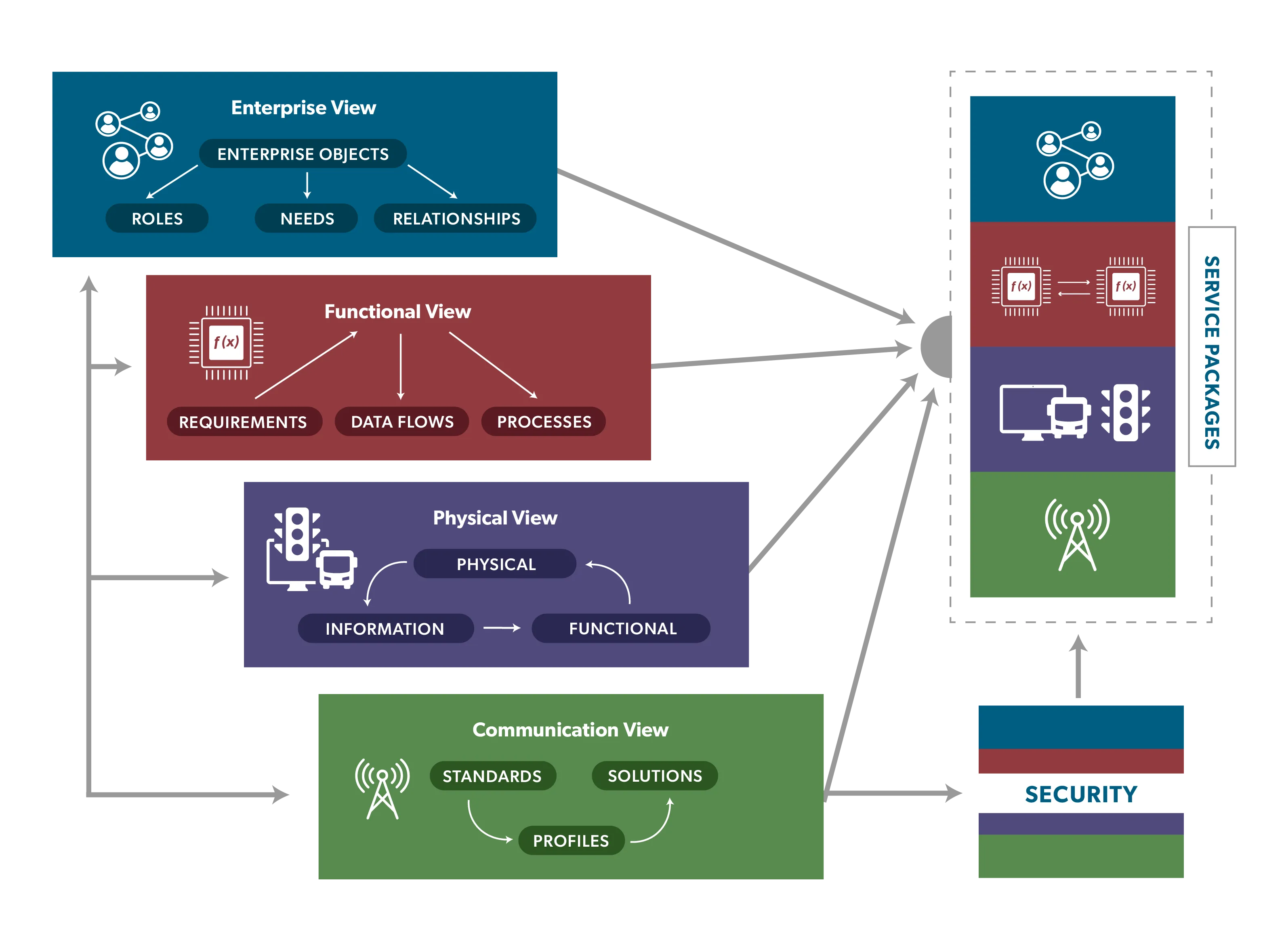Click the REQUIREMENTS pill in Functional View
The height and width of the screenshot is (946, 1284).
tap(243, 422)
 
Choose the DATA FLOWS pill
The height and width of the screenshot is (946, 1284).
tap(401, 422)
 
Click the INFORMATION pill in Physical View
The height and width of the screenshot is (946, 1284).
tap(385, 628)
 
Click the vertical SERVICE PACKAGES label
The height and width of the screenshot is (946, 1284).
tap(1211, 352)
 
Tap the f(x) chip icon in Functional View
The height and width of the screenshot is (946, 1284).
tap(226, 342)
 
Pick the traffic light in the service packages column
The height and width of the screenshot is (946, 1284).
tap(1125, 412)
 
